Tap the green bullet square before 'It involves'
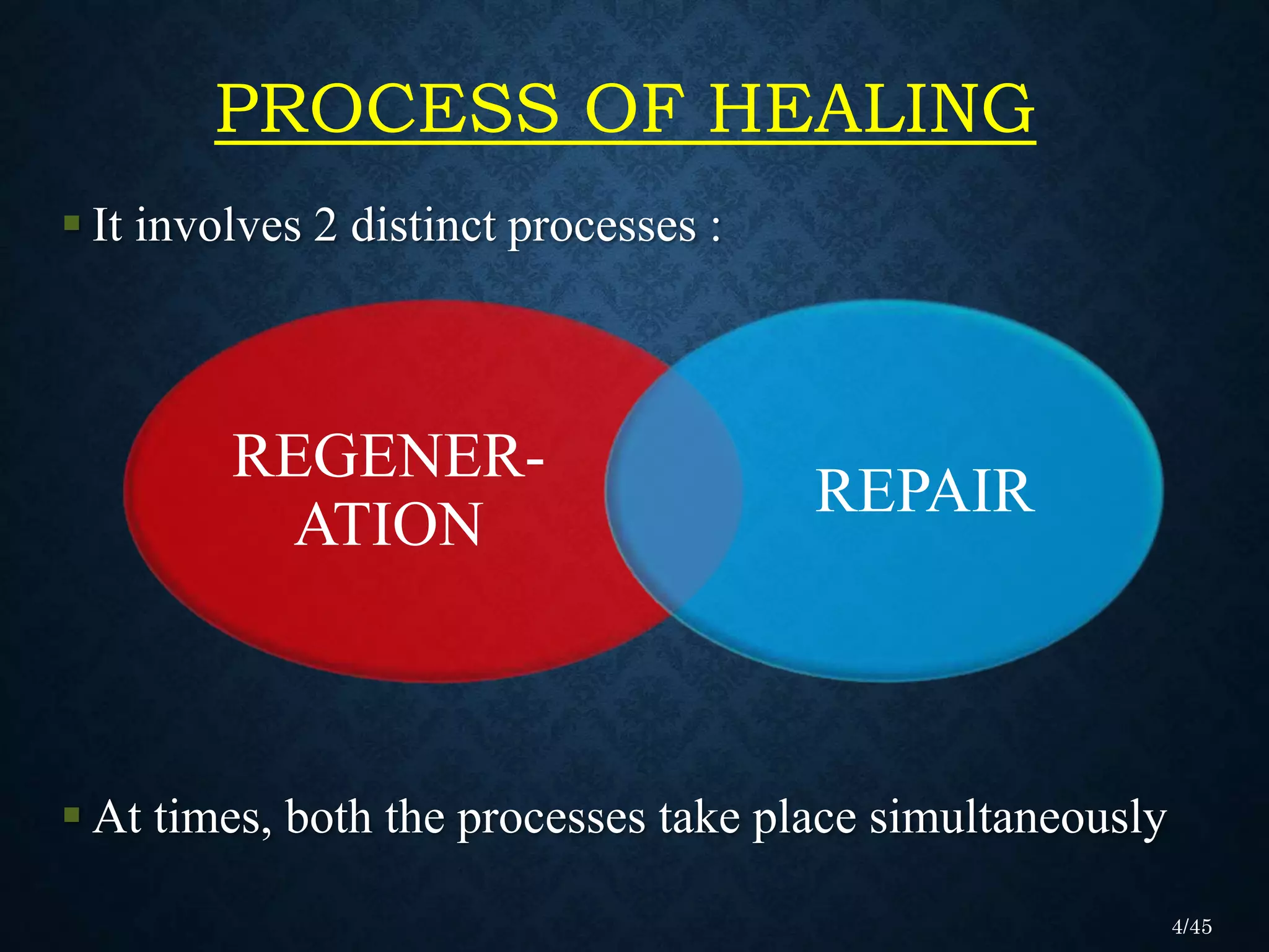[72, 223]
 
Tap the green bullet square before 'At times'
[72, 814]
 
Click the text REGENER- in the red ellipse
[389, 457]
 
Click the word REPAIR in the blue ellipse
[924, 491]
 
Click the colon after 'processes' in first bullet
[716, 229]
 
